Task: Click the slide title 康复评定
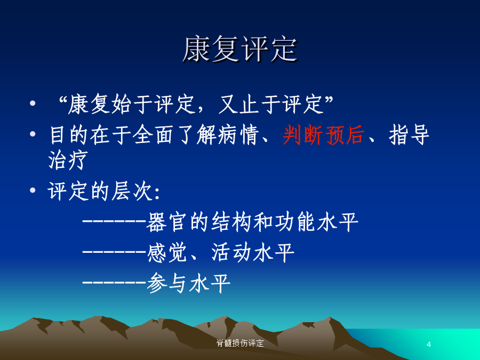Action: [x=240, y=49]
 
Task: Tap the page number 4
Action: [x=429, y=345]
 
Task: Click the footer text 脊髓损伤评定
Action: [x=240, y=343]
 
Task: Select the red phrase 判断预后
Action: [x=324, y=135]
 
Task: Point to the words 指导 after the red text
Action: [x=409, y=135]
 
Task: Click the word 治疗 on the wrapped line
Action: [x=68, y=159]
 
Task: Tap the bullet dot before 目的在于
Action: [x=33, y=133]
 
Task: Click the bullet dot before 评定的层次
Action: [x=33, y=190]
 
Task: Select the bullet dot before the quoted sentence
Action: [x=33, y=103]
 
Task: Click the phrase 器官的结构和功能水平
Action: [x=252, y=222]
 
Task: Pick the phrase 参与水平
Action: [x=188, y=283]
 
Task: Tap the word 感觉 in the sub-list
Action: [x=167, y=253]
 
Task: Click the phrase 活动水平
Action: [x=253, y=253]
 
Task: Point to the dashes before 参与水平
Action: [x=114, y=282]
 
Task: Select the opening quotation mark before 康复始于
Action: [x=62, y=99]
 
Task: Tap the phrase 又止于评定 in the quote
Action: [x=271, y=104]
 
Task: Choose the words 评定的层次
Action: [x=100, y=191]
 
